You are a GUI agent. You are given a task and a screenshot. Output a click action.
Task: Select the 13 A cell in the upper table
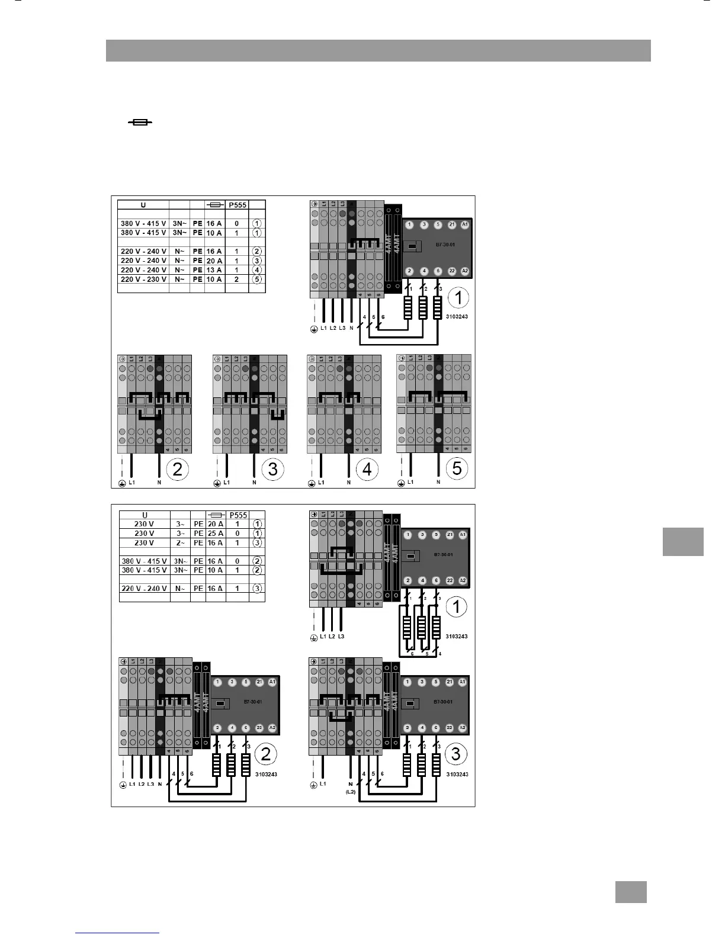214,270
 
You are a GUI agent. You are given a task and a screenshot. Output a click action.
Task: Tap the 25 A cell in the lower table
216,534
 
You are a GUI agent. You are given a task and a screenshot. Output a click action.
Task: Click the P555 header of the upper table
238,205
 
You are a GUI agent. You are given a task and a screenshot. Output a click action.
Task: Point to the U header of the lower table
145,515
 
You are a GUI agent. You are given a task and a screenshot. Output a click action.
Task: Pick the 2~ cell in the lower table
180,543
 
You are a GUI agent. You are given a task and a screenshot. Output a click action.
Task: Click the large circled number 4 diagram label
367,469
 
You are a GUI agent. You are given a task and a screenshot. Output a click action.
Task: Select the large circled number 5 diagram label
457,468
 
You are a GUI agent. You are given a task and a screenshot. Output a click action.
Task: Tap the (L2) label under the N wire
351,791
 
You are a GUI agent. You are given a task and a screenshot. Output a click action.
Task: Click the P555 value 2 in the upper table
237,280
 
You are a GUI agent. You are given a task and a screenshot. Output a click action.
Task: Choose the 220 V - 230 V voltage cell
143,280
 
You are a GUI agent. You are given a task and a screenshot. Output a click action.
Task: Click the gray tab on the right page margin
683,542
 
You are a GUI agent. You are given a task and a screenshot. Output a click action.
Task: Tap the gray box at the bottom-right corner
631,892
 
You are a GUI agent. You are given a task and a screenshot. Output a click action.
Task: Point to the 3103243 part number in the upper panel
457,317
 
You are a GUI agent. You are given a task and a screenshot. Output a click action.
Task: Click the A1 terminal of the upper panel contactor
465,225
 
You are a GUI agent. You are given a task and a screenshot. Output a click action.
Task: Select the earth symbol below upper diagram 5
401,483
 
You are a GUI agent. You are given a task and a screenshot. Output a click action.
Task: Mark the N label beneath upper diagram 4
349,483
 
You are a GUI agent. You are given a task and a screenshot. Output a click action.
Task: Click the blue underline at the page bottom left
117,933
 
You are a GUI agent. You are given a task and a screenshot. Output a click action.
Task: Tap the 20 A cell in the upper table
214,261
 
